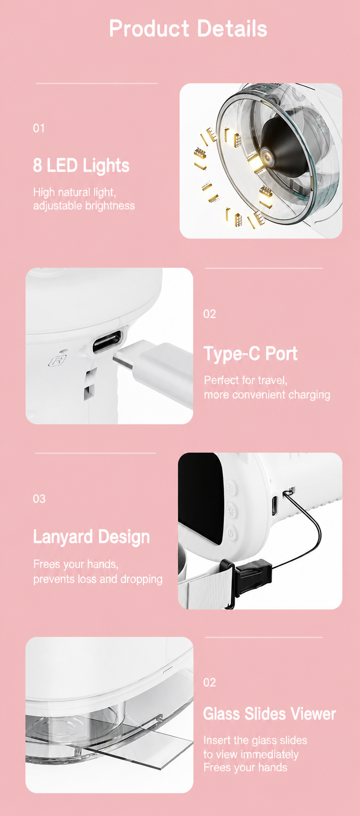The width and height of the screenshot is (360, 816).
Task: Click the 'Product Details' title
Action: [188, 28]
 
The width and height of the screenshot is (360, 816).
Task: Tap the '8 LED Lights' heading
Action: [81, 166]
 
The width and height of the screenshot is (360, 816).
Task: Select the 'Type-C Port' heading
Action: [251, 354]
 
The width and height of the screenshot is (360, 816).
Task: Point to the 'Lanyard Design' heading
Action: [91, 537]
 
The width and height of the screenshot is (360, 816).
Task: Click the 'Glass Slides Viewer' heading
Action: [270, 714]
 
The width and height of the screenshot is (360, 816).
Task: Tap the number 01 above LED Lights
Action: [39, 128]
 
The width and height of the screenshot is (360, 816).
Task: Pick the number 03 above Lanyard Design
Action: [39, 499]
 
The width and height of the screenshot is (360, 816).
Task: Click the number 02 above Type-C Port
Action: [210, 314]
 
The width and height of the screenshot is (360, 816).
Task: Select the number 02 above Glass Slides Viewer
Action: [210, 682]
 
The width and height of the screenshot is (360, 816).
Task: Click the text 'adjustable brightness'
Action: [84, 206]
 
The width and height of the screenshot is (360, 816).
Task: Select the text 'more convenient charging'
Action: [267, 395]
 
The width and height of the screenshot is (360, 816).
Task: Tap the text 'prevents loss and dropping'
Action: [98, 579]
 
